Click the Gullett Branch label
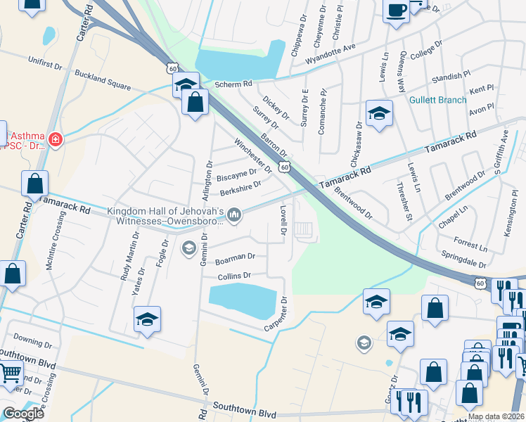coord(438,100)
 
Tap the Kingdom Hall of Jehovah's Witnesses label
coord(165,215)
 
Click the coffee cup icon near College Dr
coord(397,11)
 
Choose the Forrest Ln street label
coord(471,244)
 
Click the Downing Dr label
coord(27,341)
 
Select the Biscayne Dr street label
coord(236,173)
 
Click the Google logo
coord(23,414)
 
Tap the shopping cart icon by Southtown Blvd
coord(9,373)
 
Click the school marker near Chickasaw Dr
coord(378,114)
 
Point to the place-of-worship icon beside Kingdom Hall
coord(234,215)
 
